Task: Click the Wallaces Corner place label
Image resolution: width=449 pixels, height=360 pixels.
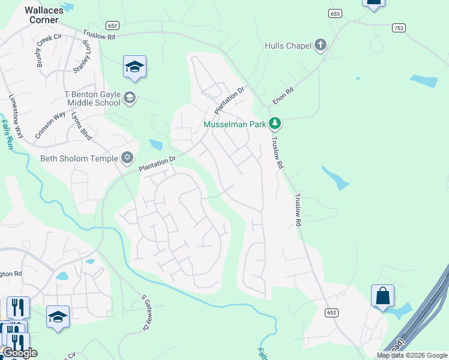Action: [x=41, y=14]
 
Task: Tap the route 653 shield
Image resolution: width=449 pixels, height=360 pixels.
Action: [x=336, y=13]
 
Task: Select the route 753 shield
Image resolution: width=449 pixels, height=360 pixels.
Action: [x=399, y=28]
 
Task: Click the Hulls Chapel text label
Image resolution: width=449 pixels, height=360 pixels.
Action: [x=288, y=46]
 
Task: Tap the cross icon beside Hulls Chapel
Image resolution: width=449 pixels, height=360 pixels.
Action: [x=321, y=45]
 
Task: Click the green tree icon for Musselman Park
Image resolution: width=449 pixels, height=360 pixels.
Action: [x=275, y=124]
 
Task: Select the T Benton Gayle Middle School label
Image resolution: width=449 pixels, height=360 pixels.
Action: [x=92, y=98]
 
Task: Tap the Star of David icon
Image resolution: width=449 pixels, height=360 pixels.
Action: [x=127, y=158]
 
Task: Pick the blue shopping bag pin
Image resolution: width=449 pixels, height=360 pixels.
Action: [x=382, y=296]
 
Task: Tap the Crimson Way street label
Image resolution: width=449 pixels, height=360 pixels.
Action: [x=50, y=125]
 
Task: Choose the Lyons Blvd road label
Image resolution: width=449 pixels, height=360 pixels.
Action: [x=81, y=127]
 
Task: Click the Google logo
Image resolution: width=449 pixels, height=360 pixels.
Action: [x=20, y=353]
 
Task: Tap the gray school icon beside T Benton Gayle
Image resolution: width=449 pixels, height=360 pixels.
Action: [x=130, y=97]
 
